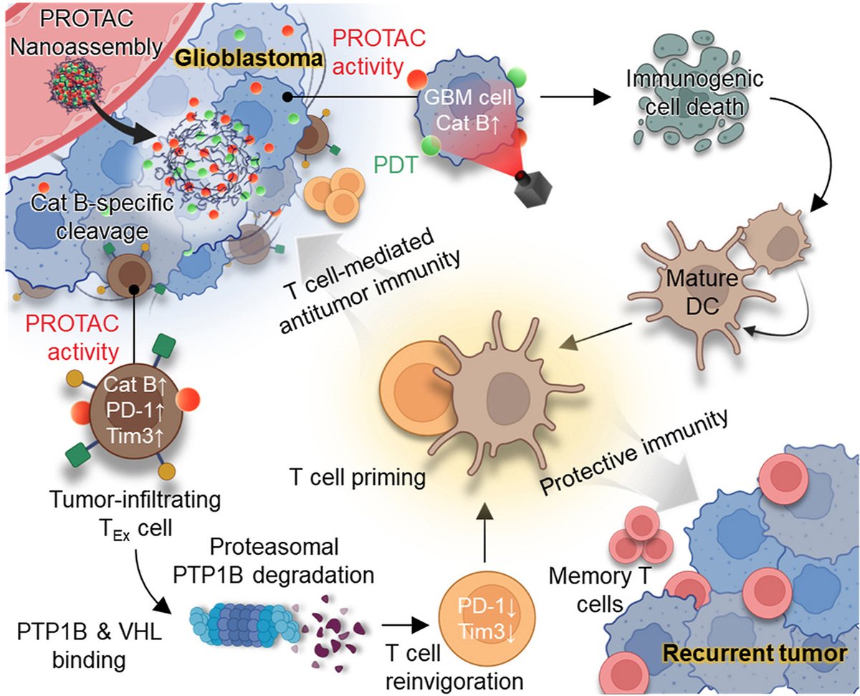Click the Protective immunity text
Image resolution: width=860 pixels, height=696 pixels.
pos(634,453)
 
